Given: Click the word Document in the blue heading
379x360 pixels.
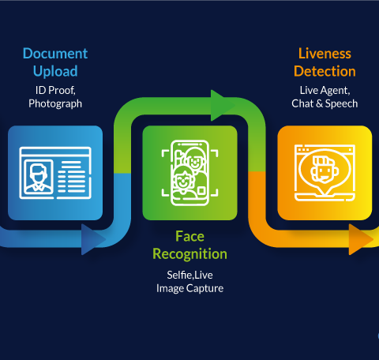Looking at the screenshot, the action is [55, 54].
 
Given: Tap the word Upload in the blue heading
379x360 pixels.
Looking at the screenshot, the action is [55, 72].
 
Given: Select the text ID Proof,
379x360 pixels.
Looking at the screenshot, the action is [55, 91].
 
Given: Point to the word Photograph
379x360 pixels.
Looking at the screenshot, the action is [55, 103].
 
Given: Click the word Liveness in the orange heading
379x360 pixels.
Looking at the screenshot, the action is [325, 54].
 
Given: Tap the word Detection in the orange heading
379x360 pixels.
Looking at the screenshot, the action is [325, 71].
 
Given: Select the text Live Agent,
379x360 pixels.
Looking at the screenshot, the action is [325, 91].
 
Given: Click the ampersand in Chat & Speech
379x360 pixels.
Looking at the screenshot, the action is [319, 103].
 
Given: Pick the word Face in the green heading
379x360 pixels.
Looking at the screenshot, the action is [189, 236].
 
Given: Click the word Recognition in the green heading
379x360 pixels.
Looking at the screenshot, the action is [189, 254].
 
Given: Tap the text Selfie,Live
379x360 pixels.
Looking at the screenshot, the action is [189, 276].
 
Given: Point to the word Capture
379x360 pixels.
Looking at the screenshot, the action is [205, 289].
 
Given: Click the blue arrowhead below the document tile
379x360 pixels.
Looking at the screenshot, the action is [92, 239].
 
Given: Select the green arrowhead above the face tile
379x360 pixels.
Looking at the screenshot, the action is [222, 105].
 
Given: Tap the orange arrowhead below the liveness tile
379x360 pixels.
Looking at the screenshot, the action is [360, 239].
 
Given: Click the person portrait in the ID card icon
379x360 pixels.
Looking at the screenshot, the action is [39, 178].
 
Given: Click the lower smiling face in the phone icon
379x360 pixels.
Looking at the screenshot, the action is [182, 180].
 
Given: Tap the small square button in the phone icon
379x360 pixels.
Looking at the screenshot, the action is [201, 191].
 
